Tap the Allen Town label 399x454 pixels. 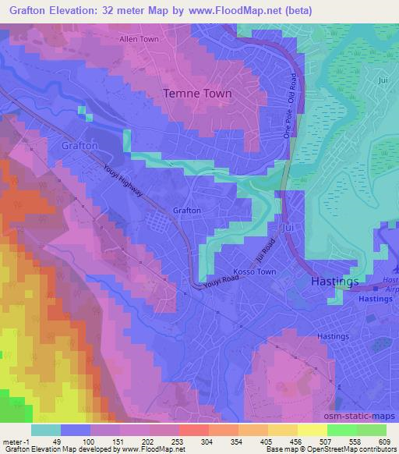[138, 38]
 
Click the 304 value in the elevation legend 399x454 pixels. [192, 441]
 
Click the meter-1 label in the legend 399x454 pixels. [16, 441]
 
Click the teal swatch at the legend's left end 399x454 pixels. [46, 429]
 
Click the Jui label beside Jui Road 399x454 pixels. [289, 226]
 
